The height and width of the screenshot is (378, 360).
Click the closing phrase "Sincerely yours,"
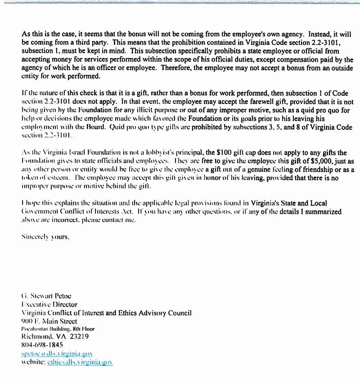pyautogui.click(x=45, y=236)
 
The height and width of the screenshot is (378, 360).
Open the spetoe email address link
pyautogui.click(x=57, y=354)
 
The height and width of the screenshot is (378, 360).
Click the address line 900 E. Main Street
pyautogui.click(x=49, y=321)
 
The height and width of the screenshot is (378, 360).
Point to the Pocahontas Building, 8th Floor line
pyautogui.click(x=58, y=329)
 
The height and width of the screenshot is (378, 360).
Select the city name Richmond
pyautogui.click(x=38, y=337)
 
